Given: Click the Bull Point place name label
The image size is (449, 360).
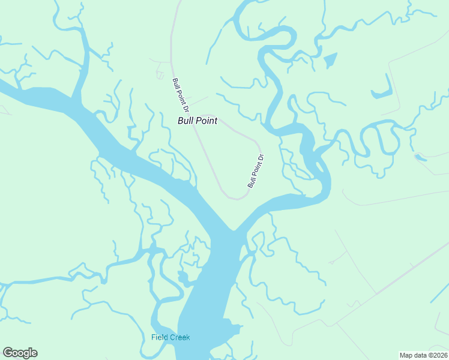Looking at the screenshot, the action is point(197,121).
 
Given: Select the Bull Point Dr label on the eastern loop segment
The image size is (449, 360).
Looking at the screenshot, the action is point(256,172).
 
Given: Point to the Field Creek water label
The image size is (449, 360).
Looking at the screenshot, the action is point(170,337).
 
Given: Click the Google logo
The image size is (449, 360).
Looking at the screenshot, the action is point(20,353).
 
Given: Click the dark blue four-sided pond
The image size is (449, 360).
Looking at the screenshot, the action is point(330,60).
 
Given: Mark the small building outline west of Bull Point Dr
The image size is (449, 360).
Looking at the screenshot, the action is point(160,75).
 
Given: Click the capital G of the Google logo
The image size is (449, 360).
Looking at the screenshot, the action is point(8,353).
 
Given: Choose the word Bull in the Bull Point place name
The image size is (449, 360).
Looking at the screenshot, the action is point(185,121).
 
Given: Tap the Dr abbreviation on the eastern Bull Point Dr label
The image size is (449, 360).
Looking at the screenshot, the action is point(261,159).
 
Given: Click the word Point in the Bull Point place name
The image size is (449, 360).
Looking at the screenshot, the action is point(206,121).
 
